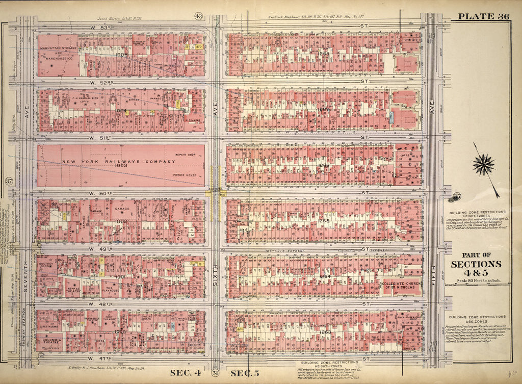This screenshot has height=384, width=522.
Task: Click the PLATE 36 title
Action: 483,16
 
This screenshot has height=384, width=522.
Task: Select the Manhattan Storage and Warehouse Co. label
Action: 57,50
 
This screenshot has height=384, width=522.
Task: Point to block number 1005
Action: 120,53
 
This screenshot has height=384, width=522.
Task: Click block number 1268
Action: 324,53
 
